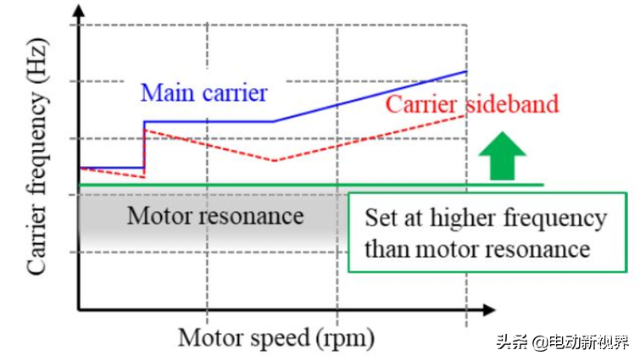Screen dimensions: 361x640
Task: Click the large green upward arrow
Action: (x=502, y=158)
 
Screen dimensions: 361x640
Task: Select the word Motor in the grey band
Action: (x=159, y=215)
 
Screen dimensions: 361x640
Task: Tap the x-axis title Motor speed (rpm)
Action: (x=275, y=338)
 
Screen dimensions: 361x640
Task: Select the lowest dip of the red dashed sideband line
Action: (x=273, y=161)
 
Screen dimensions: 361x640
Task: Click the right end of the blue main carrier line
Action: (x=466, y=72)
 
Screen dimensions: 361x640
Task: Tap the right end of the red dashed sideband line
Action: (x=465, y=115)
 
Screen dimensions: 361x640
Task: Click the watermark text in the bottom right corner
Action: (x=563, y=342)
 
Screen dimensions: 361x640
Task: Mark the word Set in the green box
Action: (x=380, y=219)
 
